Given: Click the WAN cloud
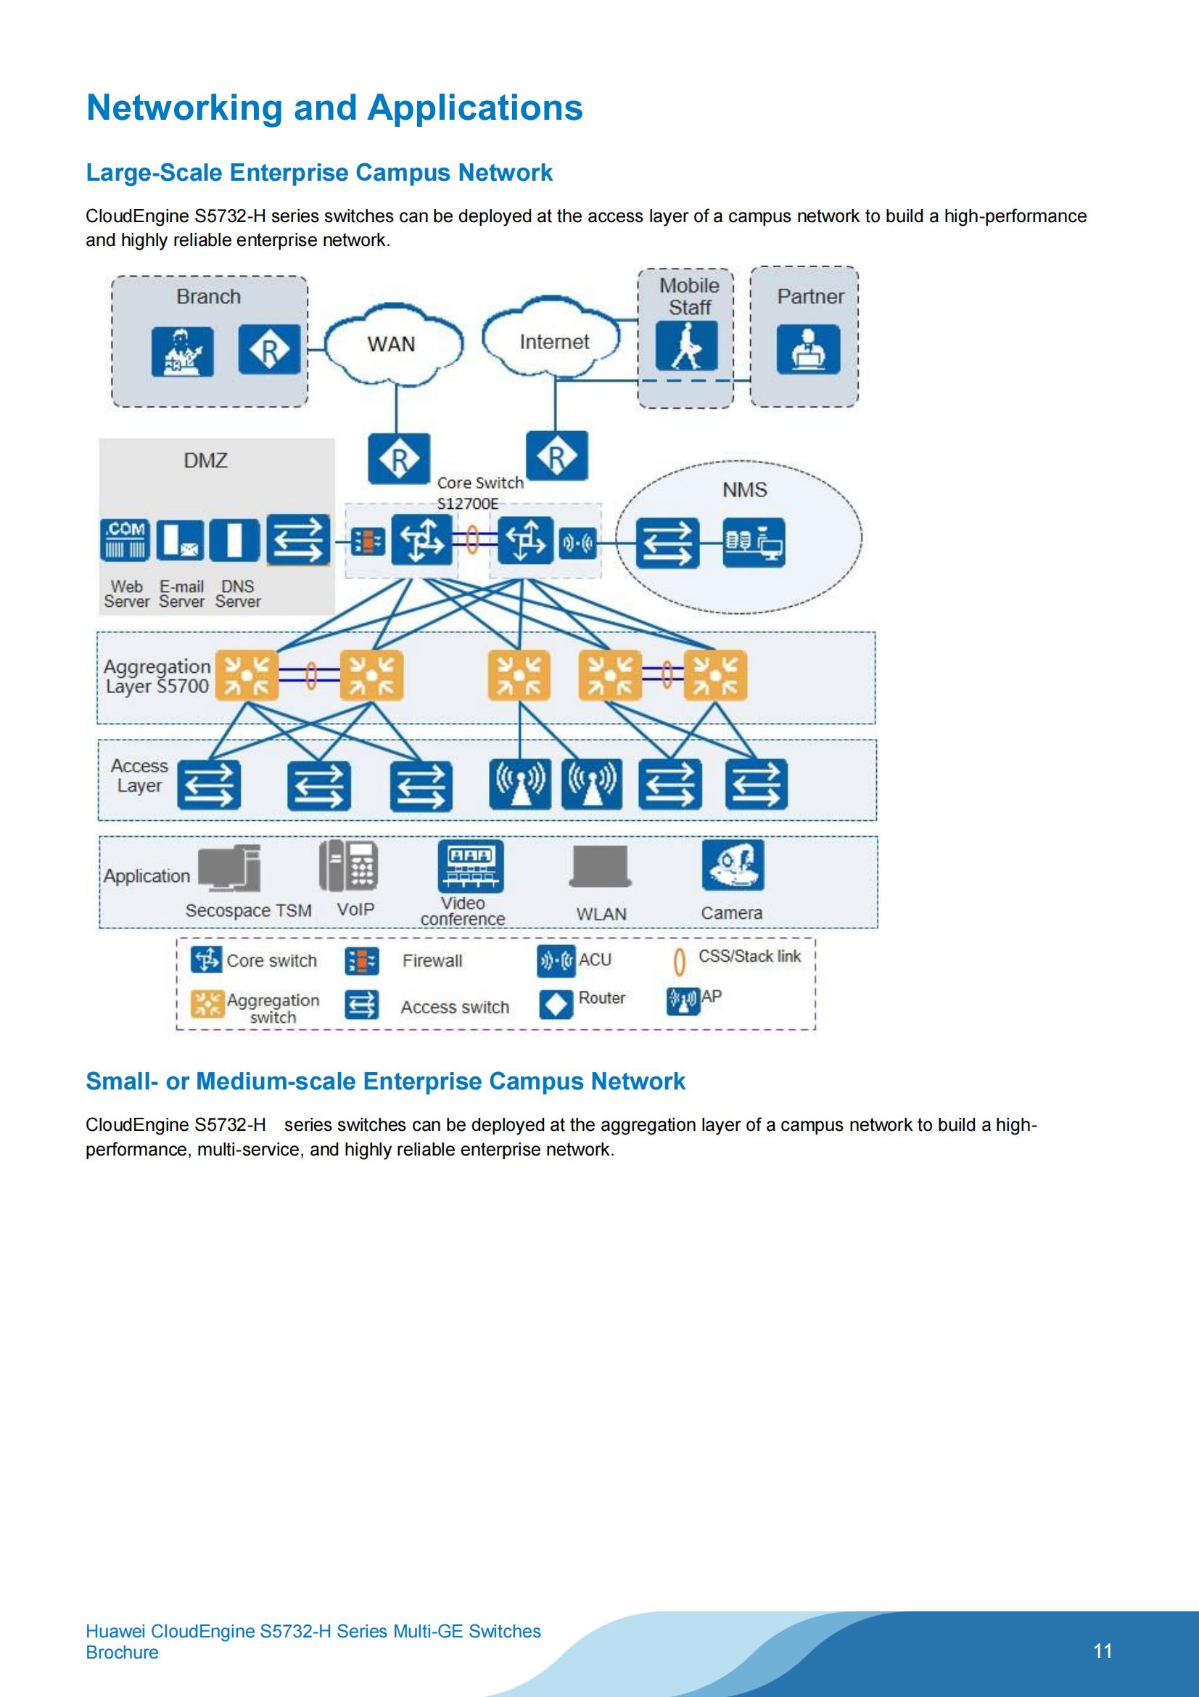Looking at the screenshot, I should [x=392, y=344].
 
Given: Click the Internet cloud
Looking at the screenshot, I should [x=553, y=341].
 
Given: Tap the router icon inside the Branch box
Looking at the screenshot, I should [x=269, y=350].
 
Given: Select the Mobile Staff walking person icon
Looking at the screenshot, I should [x=686, y=345].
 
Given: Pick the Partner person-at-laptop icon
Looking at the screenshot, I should [x=807, y=350].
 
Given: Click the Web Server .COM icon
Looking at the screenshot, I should [x=125, y=539].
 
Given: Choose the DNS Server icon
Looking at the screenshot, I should [x=234, y=539].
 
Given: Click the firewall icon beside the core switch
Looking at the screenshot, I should [x=367, y=541].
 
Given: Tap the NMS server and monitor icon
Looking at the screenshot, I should [x=753, y=542].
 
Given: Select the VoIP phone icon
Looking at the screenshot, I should [x=349, y=865].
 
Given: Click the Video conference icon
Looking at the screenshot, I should [x=471, y=865].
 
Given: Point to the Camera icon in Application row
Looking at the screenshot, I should [x=733, y=864].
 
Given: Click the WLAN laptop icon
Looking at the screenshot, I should [x=601, y=866].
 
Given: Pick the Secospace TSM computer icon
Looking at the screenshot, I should [x=231, y=867].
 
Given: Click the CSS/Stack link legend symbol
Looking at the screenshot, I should [x=679, y=961].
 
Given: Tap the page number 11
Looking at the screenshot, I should [x=1103, y=1651].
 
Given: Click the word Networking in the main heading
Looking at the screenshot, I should [x=184, y=108].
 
